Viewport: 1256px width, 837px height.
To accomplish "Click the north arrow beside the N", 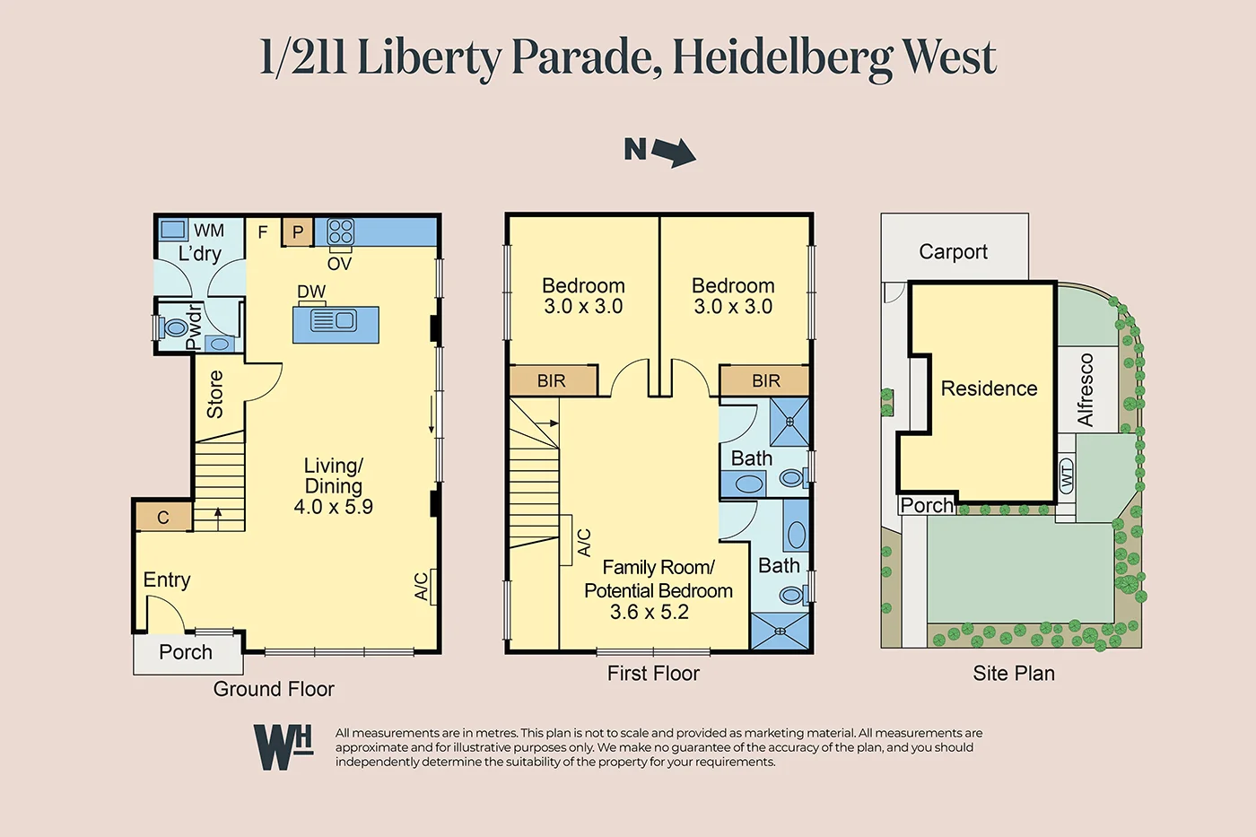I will (x=674, y=153).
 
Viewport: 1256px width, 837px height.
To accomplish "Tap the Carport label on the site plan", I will (x=953, y=252).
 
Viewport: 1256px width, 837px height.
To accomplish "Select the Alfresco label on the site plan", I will (x=1086, y=389).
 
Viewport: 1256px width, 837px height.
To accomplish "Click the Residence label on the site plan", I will (x=989, y=388).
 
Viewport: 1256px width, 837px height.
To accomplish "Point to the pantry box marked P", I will (x=298, y=231).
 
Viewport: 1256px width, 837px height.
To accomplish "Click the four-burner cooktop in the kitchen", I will (x=340, y=231).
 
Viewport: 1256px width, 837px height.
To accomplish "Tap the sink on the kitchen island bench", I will (x=334, y=320).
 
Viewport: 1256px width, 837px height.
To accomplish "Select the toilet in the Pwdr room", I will (x=174, y=328).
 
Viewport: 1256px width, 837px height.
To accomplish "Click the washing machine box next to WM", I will (x=173, y=230).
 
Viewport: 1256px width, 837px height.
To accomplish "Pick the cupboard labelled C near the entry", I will (x=163, y=517).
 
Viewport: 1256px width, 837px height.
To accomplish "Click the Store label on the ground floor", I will (x=215, y=394).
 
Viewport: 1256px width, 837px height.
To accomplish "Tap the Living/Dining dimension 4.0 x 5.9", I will (x=333, y=506).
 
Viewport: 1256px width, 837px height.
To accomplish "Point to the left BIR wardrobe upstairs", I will (x=552, y=381).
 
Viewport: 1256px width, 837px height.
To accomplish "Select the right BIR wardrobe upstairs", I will (x=765, y=381).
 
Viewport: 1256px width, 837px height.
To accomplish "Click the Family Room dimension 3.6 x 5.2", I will (x=649, y=612).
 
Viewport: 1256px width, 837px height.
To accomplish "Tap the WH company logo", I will (x=283, y=746).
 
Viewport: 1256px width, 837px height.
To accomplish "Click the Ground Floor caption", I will (x=274, y=689).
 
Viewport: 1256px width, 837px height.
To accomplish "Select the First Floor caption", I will (x=653, y=674).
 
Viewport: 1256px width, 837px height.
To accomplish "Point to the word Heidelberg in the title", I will (x=781, y=58).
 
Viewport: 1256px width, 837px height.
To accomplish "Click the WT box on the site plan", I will (x=1067, y=475).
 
